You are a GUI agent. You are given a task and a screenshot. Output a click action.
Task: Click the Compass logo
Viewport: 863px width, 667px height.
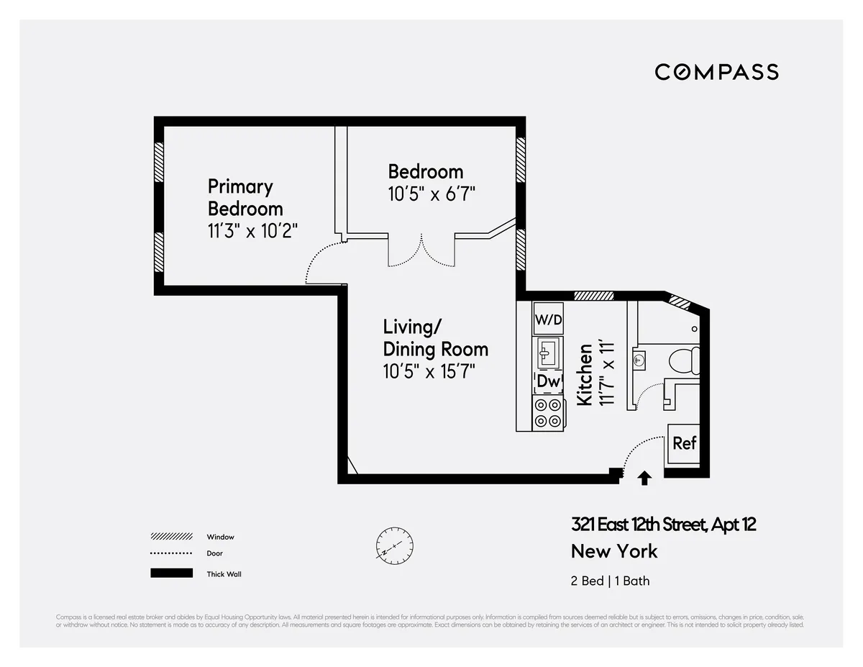(716, 72)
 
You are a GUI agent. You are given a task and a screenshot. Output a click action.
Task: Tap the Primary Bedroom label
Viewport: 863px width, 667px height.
(245, 198)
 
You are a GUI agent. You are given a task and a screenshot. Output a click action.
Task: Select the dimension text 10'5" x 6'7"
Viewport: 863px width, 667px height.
(431, 194)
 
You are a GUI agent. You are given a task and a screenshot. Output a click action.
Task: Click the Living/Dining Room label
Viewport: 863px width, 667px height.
(435, 338)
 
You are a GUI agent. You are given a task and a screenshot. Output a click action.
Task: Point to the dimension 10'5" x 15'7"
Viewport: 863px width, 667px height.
(429, 371)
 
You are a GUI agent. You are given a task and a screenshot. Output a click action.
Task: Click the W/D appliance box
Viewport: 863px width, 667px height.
(547, 318)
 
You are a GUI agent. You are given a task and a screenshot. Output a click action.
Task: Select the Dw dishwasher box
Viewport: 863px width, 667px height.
(548, 382)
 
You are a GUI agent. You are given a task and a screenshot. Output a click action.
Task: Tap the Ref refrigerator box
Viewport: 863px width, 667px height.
(684, 443)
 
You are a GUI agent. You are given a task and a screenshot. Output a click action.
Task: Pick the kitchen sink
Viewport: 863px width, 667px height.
(547, 352)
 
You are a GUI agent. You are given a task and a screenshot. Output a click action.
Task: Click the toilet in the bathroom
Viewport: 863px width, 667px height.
(683, 360)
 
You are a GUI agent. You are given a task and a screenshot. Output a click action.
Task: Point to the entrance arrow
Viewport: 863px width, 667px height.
(645, 478)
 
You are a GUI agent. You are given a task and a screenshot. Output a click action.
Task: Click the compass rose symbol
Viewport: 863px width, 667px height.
(394, 545)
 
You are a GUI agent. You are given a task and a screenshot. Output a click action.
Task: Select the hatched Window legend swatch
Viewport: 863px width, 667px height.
(171, 537)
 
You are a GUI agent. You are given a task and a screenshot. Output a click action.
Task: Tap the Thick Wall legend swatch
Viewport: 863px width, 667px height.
(171, 573)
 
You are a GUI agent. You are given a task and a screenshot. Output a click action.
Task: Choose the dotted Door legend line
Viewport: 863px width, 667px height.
(171, 553)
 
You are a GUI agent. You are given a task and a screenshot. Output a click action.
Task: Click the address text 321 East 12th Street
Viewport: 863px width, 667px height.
(663, 525)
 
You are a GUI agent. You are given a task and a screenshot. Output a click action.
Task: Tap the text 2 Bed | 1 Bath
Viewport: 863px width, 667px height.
(610, 581)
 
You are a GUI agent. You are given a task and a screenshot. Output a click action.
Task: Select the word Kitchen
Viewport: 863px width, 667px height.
(585, 374)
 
